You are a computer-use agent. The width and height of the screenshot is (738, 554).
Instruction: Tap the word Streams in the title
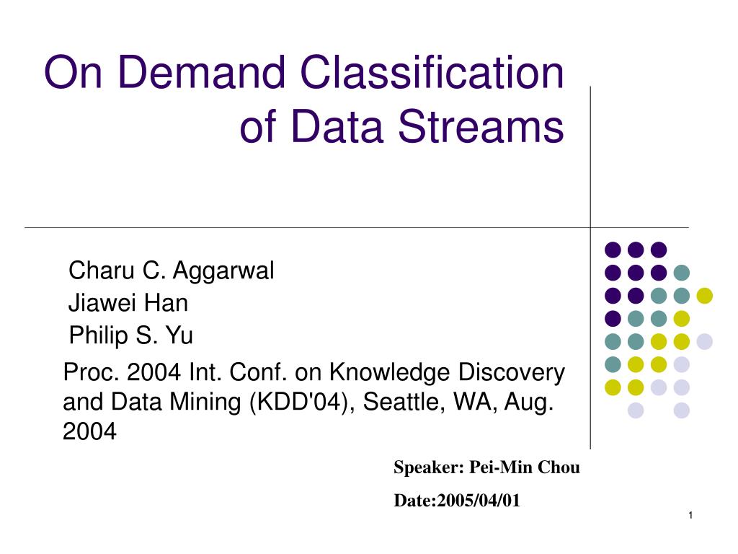pyautogui.click(x=481, y=126)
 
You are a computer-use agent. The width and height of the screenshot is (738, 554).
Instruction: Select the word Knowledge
pyautogui.click(x=390, y=373)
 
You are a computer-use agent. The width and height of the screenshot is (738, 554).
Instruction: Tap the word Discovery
pyautogui.click(x=512, y=373)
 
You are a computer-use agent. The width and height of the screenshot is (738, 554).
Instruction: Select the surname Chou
pyautogui.click(x=559, y=467)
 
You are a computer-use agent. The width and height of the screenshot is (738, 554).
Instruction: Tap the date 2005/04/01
pyautogui.click(x=479, y=501)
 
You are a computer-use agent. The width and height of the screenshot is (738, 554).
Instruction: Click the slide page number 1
pyautogui.click(x=690, y=515)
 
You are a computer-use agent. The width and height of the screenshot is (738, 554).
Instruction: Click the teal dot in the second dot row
pyautogui.click(x=682, y=272)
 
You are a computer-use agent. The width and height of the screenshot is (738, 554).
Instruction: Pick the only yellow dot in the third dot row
pyautogui.click(x=705, y=295)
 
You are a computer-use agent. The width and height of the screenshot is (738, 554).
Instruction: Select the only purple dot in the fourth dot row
pyautogui.click(x=613, y=318)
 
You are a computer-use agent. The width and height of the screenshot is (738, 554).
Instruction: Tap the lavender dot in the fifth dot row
pyautogui.click(x=705, y=341)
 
